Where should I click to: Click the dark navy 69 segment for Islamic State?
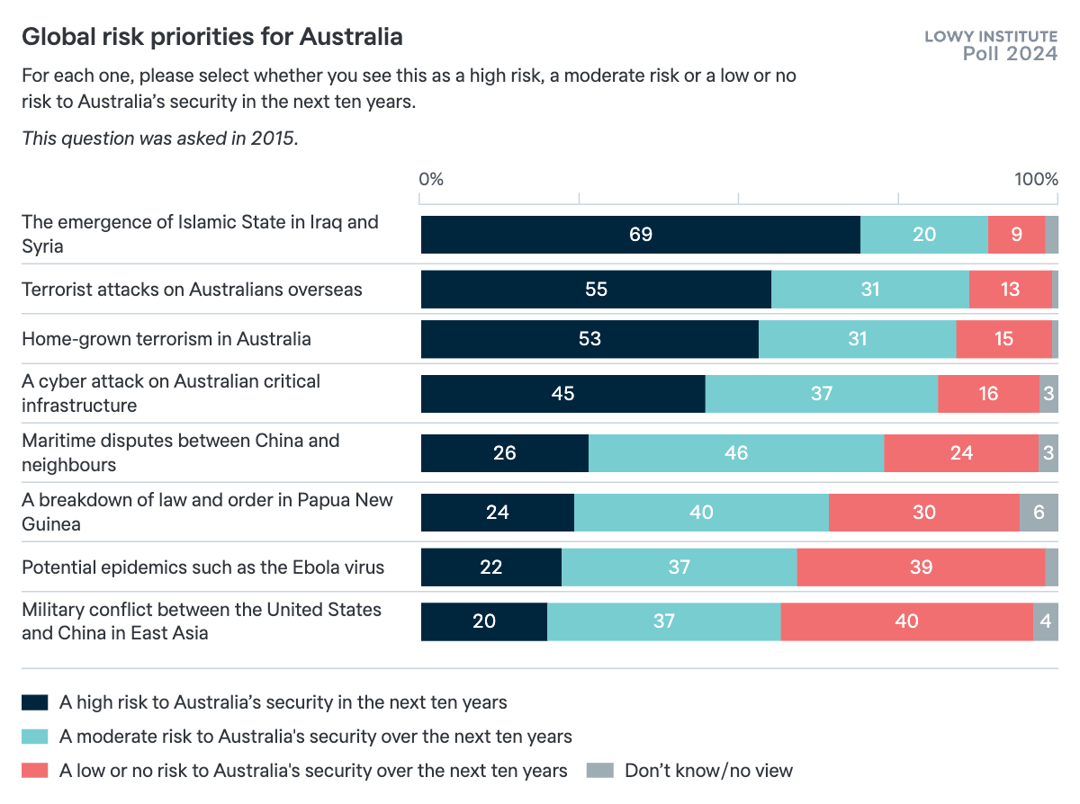[x=640, y=235]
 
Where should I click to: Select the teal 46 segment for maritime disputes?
[x=735, y=452]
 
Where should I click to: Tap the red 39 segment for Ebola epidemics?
[x=920, y=567]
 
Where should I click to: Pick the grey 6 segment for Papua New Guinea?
[x=1039, y=512]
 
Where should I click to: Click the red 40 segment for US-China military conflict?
[x=905, y=621]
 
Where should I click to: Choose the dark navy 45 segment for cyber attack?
[x=562, y=393]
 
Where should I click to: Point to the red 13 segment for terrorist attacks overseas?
[x=1010, y=290]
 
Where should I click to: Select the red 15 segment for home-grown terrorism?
[x=1003, y=339]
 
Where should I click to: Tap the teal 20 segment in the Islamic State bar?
[x=923, y=235]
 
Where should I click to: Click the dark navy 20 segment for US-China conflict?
[x=483, y=621]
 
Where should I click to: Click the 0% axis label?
[x=431, y=179]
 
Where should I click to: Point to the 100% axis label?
[x=1036, y=179]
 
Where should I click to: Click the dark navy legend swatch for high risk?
[x=34, y=702]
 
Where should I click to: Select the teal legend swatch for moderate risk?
[x=34, y=737]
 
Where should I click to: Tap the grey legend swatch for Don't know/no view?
[x=599, y=771]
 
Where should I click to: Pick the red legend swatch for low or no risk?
[x=34, y=771]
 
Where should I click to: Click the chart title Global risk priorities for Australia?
[x=211, y=37]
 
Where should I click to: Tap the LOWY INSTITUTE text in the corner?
[x=991, y=37]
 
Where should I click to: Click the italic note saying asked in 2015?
[x=159, y=138]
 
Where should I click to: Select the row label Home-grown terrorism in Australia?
[x=166, y=339]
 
